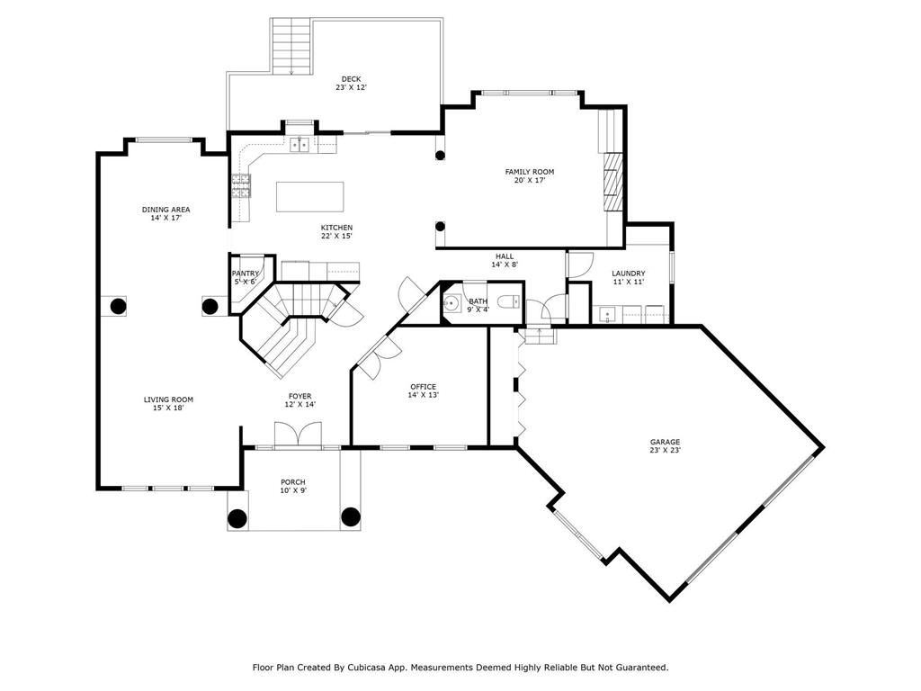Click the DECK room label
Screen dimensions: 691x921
pos(351,78)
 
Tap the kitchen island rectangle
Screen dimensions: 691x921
pos(309,196)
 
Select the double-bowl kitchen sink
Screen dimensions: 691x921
pos(300,144)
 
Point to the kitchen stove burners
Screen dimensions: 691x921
pos(241,184)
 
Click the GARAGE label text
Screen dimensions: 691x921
pos(665,442)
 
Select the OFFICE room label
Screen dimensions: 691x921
pos(423,387)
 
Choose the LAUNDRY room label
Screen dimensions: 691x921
pos(628,274)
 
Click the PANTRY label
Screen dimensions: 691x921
pos(245,274)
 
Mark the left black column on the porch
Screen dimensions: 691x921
pos(237,518)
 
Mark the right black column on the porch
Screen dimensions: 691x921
pos(350,516)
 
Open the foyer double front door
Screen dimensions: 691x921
pos(298,435)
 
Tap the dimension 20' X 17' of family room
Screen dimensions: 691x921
pos(529,180)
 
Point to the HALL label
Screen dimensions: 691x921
pos(505,256)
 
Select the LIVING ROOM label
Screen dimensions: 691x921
pos(168,399)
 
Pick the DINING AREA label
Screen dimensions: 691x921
pos(165,210)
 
